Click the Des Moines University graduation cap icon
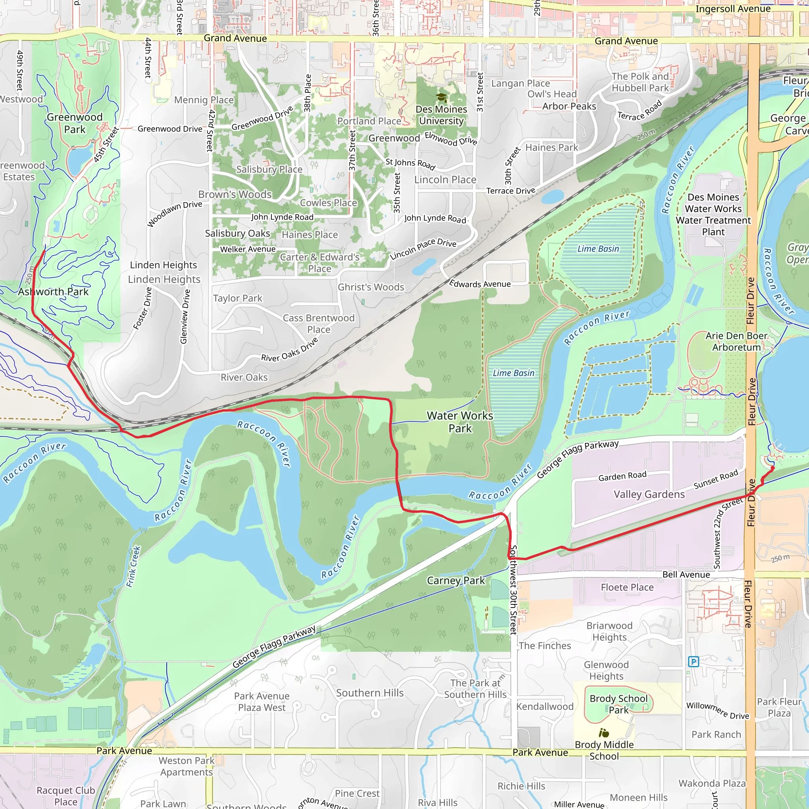[x=441, y=98]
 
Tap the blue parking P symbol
[x=693, y=662]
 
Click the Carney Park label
[x=455, y=580]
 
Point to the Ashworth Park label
[x=53, y=292]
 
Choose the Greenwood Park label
[x=75, y=123]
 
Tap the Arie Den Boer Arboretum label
[x=736, y=341]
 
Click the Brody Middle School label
[x=604, y=751]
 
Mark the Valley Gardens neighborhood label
[x=649, y=495]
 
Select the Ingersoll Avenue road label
[x=733, y=9]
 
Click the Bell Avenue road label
[x=686, y=574]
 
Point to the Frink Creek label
[x=134, y=566]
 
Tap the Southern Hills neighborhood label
[x=370, y=693]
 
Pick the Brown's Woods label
[x=235, y=194]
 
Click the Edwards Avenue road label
[x=480, y=284]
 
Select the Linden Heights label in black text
[x=163, y=265]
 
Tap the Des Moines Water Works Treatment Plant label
[x=713, y=214]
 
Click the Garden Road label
[x=622, y=476]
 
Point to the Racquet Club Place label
[x=66, y=796]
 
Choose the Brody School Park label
[x=619, y=704]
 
